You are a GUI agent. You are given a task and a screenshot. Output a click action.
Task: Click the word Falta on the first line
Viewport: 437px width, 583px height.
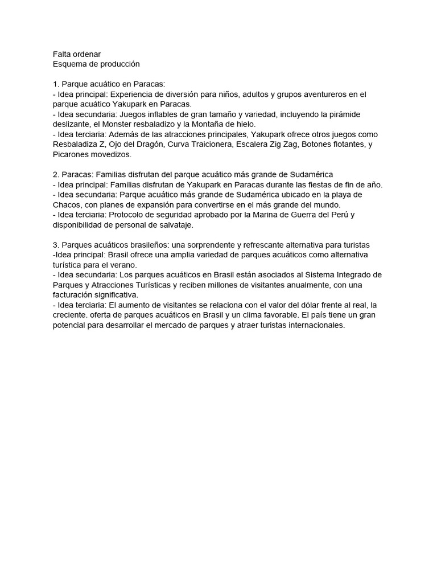tap(61, 54)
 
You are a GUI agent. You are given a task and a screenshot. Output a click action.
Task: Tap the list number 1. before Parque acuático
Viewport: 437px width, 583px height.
tap(56, 84)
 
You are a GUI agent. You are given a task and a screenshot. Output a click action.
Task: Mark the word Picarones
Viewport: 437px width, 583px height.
tap(71, 155)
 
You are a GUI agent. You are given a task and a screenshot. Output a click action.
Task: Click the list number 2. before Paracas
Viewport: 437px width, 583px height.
tap(56, 175)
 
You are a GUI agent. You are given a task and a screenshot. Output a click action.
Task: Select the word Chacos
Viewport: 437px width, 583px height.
tap(66, 205)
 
